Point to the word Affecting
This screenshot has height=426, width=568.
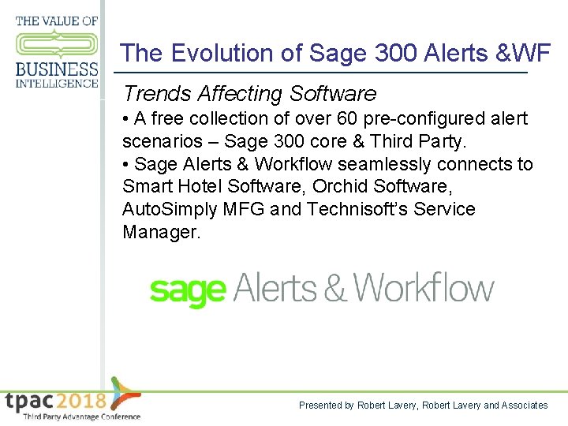pyautogui.click(x=240, y=94)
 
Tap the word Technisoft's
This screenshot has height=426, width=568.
pyautogui.click(x=381, y=210)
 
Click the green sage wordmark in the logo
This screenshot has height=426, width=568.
pyautogui.click(x=187, y=291)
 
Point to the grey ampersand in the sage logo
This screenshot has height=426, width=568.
pyautogui.click(x=335, y=289)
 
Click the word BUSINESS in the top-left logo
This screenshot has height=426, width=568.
pyautogui.click(x=57, y=69)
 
